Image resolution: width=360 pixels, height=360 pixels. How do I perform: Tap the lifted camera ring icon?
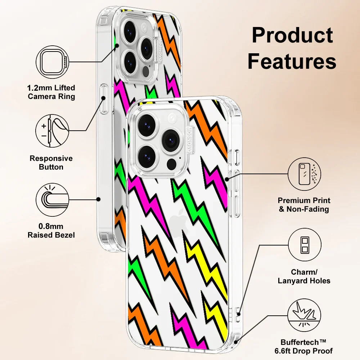53,62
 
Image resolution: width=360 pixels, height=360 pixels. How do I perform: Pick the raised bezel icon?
53,199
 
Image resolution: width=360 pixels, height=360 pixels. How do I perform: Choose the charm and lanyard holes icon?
304,245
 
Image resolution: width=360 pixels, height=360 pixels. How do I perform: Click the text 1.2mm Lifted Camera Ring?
51,92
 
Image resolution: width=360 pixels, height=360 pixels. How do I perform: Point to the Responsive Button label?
51,162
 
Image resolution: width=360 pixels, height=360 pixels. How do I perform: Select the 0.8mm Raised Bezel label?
51,230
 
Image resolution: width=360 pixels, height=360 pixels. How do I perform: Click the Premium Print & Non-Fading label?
304,204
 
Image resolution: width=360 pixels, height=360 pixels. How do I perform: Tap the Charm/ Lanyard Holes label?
304,276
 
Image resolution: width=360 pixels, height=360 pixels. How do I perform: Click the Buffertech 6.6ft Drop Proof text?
306,346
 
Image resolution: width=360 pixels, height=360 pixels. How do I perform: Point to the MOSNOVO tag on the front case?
189,139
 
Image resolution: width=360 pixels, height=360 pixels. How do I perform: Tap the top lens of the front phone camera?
147,125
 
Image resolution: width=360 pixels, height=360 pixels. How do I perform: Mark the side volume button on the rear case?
104,99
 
